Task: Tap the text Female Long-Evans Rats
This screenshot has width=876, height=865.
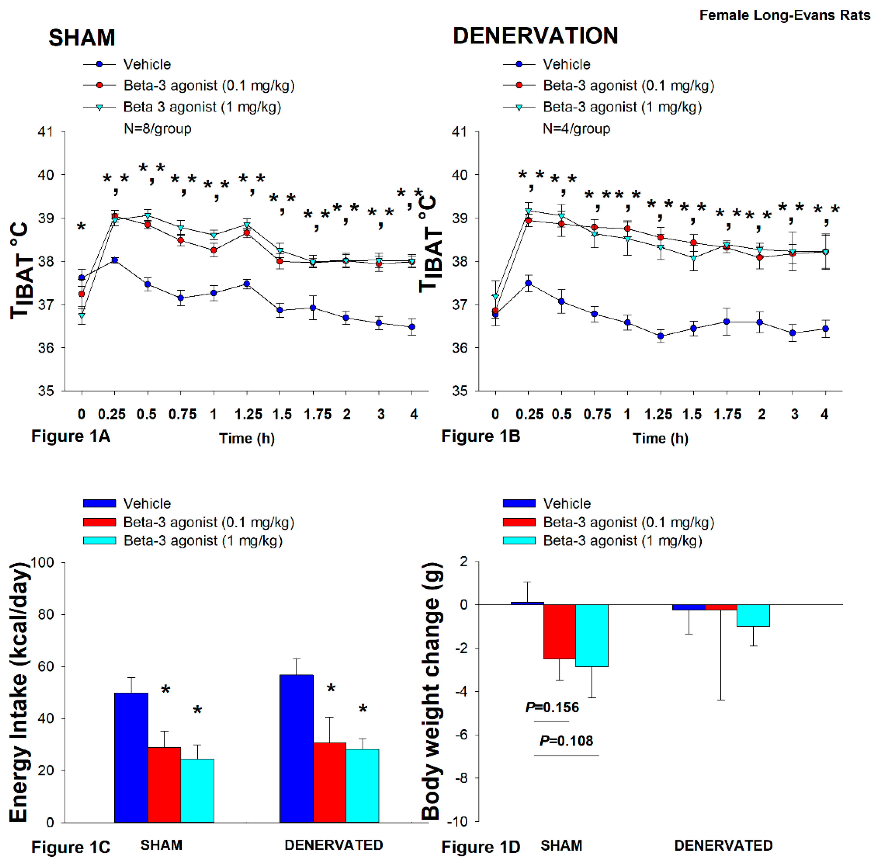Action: click(x=784, y=15)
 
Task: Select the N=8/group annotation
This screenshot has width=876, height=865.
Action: click(x=157, y=129)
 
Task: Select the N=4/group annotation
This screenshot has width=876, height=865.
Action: click(x=576, y=129)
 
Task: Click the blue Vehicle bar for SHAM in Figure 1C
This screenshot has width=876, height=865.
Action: click(x=131, y=757)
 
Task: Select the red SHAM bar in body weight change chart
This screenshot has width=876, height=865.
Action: click(x=559, y=631)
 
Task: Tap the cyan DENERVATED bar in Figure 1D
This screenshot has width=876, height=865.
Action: click(x=753, y=615)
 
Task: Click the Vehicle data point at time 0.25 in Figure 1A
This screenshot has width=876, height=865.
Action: click(x=115, y=260)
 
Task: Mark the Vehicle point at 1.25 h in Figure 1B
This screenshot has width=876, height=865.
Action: click(x=661, y=336)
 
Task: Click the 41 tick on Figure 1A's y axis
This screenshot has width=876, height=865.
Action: click(x=45, y=132)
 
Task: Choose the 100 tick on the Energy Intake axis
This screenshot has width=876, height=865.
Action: click(x=42, y=562)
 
